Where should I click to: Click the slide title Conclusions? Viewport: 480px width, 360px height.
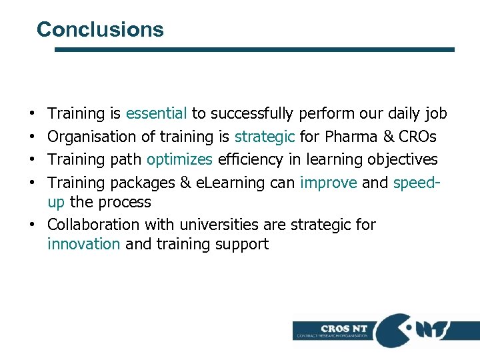point(100,29)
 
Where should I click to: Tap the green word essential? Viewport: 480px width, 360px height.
point(156,114)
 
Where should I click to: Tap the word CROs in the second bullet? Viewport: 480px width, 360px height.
point(417,137)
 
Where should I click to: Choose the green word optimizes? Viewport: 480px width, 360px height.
point(179,160)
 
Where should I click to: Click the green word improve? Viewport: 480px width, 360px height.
point(329,183)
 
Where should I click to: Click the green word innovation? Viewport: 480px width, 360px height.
point(84,244)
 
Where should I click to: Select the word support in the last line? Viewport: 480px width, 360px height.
point(242,245)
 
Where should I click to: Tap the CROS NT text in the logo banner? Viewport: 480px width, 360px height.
point(344,328)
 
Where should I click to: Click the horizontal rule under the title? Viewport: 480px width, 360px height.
point(254,49)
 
